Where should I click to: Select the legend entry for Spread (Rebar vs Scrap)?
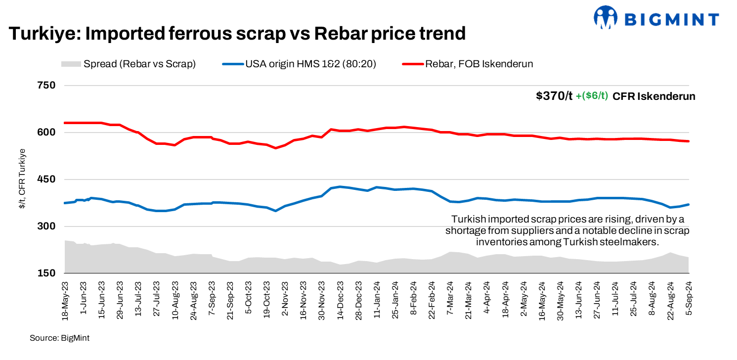tap(129, 64)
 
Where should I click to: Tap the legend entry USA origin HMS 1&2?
tap(306, 64)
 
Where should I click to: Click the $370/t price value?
tap(554, 96)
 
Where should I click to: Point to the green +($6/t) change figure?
tap(592, 96)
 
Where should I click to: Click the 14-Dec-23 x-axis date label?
tap(341, 301)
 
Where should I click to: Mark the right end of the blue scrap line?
tap(689, 204)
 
